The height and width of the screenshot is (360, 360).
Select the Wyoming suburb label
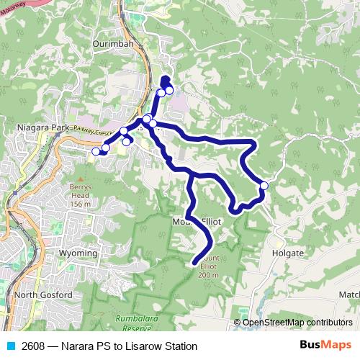click(78, 253)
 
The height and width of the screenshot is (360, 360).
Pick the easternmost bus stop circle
click(264, 186)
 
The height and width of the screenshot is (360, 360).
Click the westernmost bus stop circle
click(96, 151)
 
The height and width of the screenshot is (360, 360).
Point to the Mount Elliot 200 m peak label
click(208, 266)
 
